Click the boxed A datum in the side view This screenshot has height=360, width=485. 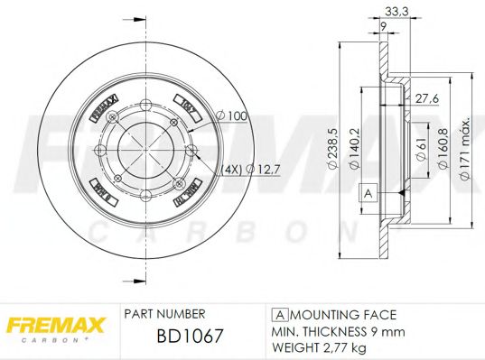tap(368, 192)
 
